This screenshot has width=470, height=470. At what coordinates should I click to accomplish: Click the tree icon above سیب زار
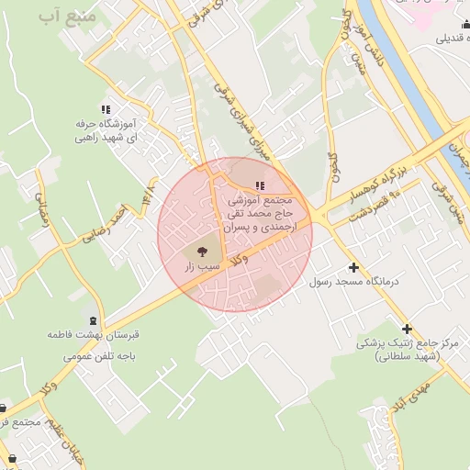coord(202,249)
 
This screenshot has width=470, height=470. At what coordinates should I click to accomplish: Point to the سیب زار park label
coord(203,265)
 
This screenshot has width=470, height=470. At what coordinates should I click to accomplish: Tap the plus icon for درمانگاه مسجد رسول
coord(354,268)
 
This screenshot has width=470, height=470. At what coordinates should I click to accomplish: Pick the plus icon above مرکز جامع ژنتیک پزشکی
coord(407,328)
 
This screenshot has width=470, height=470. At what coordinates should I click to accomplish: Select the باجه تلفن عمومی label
coord(93,350)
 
